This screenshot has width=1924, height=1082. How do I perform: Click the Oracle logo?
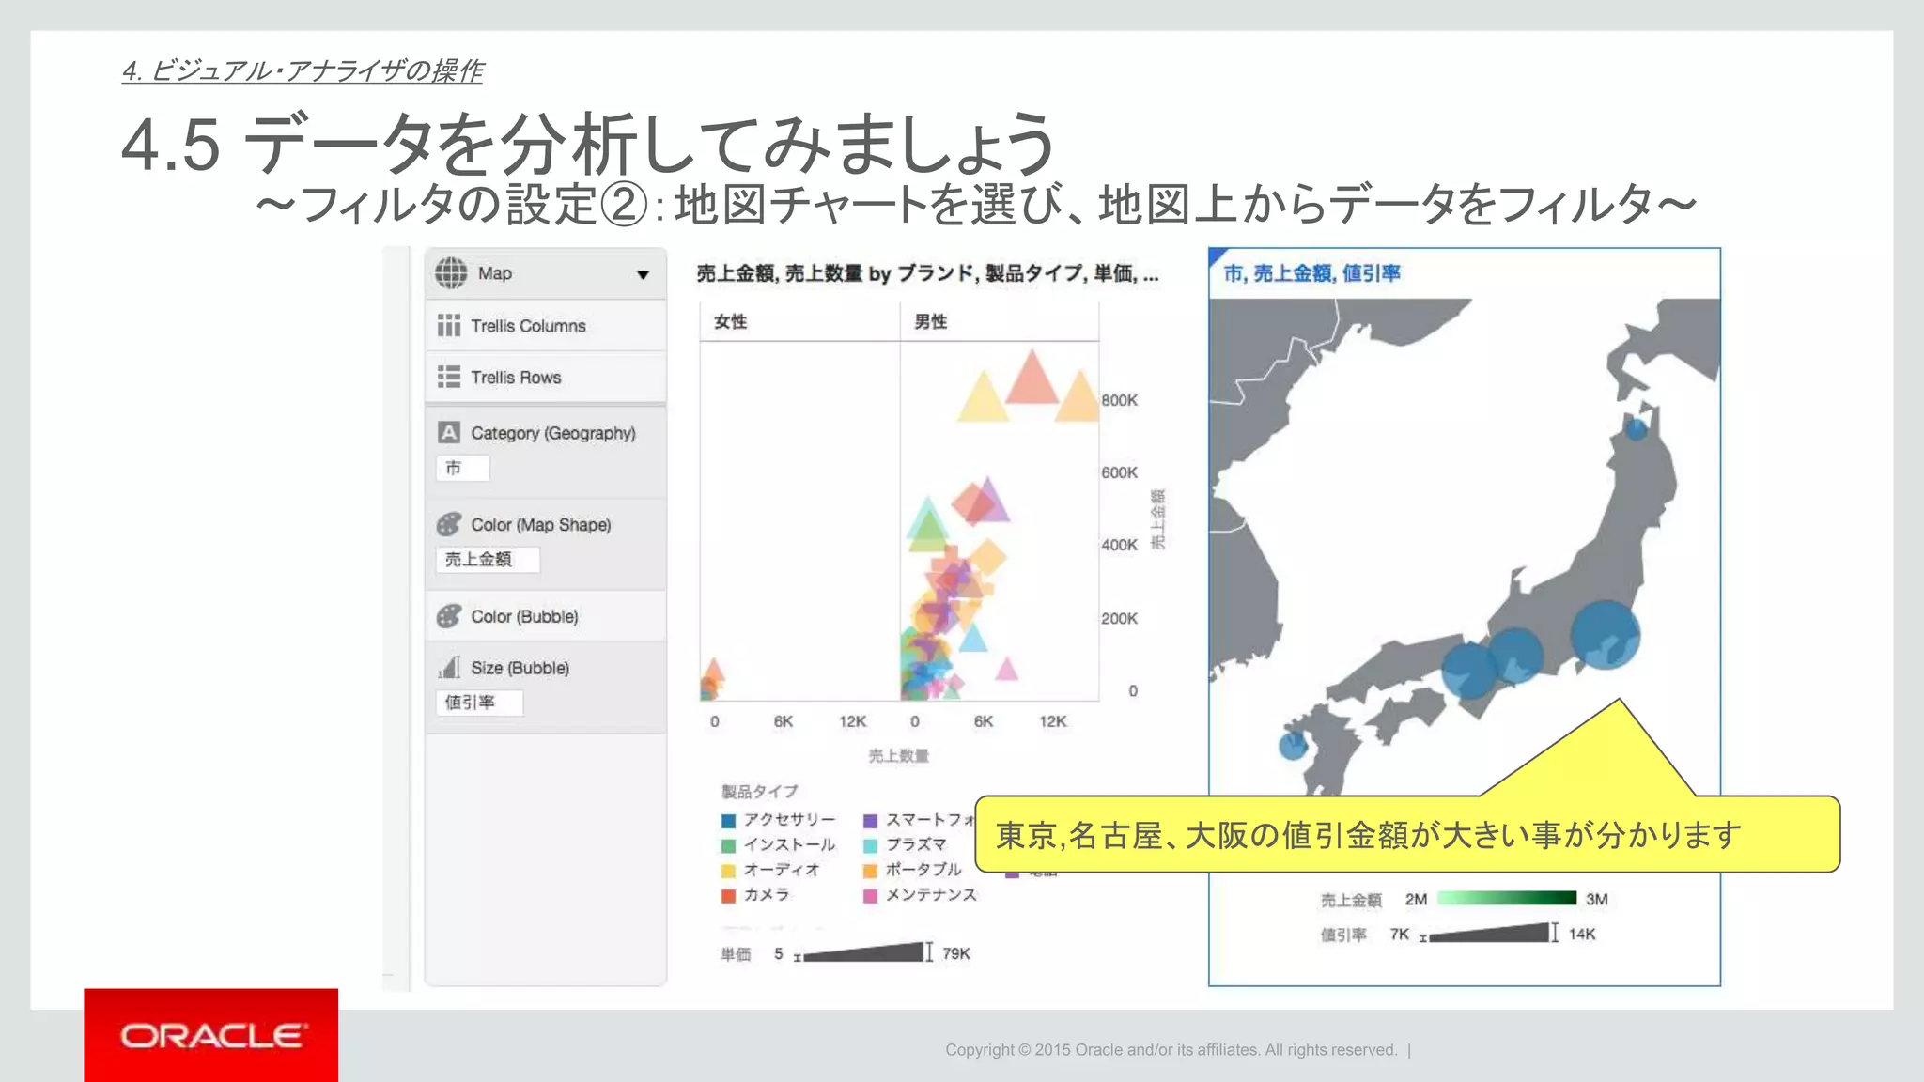pyautogui.click(x=211, y=1035)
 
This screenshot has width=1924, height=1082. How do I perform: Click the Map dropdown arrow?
pyautogui.click(x=643, y=274)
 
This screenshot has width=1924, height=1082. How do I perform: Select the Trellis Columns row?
pyautogui.click(x=545, y=326)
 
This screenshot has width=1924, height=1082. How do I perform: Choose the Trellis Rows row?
pyautogui.click(x=545, y=378)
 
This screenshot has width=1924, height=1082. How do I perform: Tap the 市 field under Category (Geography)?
pyautogui.click(x=462, y=468)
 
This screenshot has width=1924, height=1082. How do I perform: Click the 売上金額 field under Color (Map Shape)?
pyautogui.click(x=487, y=560)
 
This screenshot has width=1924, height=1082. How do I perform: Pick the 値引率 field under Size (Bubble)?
pyautogui.click(x=478, y=703)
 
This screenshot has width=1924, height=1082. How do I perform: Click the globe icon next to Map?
pyautogui.click(x=451, y=273)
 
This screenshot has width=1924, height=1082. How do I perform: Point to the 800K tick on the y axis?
pyautogui.click(x=1119, y=400)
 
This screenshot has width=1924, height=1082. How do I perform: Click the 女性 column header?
pyautogui.click(x=730, y=322)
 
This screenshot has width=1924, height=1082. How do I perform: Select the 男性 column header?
pyautogui.click(x=930, y=322)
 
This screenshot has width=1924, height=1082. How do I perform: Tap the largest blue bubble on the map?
pyautogui.click(x=1605, y=634)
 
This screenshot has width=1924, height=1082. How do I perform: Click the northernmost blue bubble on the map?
pyautogui.click(x=1637, y=428)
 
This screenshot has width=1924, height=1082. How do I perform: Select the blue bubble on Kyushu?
pyautogui.click(x=1293, y=746)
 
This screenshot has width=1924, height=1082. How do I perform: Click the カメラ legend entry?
pyautogui.click(x=766, y=895)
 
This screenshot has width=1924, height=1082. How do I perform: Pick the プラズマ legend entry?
pyautogui.click(x=915, y=844)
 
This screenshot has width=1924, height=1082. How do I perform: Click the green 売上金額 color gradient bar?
pyautogui.click(x=1506, y=899)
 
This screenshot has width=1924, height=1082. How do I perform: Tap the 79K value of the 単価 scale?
pyautogui.click(x=956, y=953)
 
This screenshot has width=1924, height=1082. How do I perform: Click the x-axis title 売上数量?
pyautogui.click(x=898, y=756)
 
